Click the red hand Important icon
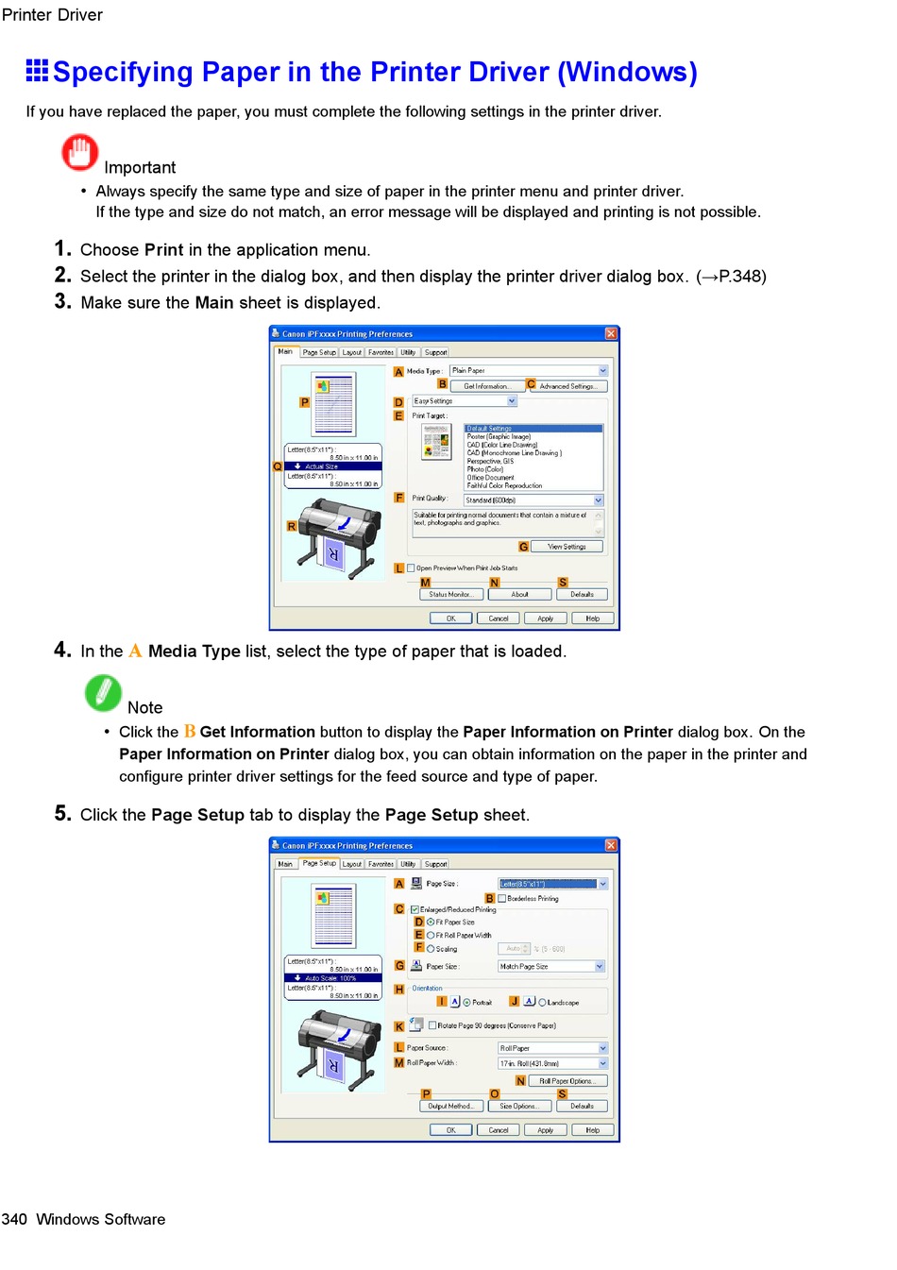pos(80,152)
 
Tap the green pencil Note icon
pos(103,693)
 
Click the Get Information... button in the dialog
pos(486,386)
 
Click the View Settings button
pos(567,547)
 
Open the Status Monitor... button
pos(450,595)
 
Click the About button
pos(519,595)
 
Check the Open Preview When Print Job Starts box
pos(412,568)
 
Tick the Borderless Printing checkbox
pos(502,899)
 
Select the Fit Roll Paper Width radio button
pos(431,935)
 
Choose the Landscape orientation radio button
pos(542,1003)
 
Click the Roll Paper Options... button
pos(567,1081)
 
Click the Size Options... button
pos(518,1106)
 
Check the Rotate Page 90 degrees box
pos(432,1025)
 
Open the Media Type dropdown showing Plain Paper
pos(528,371)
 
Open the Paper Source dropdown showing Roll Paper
pos(552,1048)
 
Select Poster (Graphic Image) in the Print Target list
pos(499,436)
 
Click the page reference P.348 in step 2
pos(741,277)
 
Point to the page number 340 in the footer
pos(14,1219)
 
